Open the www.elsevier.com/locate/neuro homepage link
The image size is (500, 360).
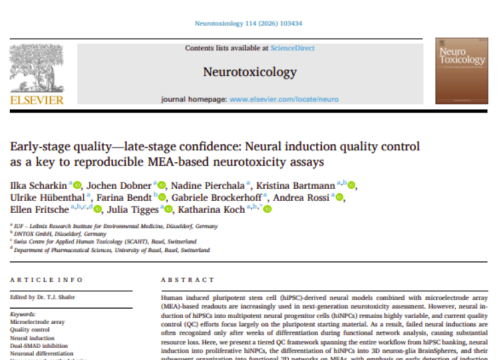pos(297,100)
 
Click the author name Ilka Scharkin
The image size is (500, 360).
pos(36,186)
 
